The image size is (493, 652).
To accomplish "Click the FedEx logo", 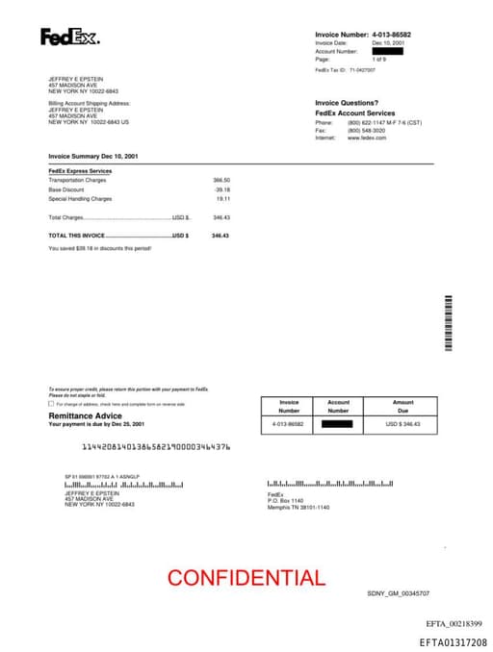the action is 69,38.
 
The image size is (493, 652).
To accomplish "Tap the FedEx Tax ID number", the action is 363,70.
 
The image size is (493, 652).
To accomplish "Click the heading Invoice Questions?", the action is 347,103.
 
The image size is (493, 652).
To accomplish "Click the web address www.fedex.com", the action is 367,138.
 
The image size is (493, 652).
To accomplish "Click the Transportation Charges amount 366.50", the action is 221,180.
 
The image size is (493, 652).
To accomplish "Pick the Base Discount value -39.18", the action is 222,189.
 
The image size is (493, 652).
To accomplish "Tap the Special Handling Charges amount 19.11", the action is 223,199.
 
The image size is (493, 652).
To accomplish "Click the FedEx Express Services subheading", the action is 80,171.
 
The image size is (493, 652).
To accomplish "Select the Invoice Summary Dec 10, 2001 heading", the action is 93,155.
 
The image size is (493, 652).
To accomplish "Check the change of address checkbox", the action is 51,404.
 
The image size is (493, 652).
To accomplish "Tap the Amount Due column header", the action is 402,406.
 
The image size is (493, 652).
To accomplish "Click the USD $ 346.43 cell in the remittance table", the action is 402,423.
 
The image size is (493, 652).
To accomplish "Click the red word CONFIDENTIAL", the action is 246,578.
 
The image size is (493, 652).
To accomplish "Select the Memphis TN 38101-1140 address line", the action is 298,507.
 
